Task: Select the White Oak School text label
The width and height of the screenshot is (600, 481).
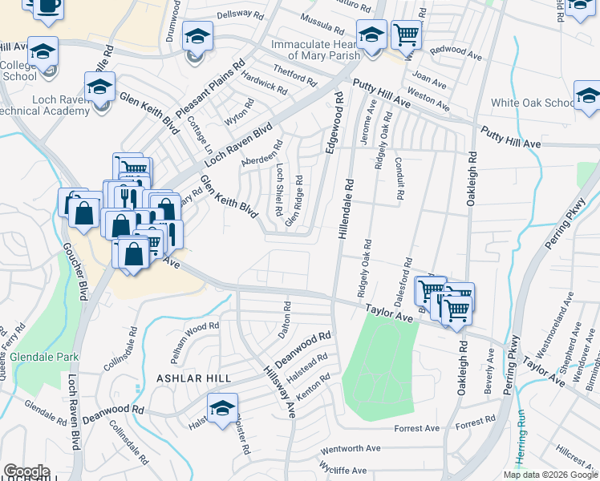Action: pos(533,103)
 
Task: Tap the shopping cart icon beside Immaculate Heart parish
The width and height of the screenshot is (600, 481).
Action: pos(407,34)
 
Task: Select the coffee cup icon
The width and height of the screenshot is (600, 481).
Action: pos(47,6)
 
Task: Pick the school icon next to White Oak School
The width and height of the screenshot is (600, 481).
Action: pos(587,96)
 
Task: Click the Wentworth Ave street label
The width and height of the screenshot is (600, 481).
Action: pos(350,449)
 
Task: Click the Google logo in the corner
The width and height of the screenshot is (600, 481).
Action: pos(26,471)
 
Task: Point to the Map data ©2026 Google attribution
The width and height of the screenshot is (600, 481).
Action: pos(550,475)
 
